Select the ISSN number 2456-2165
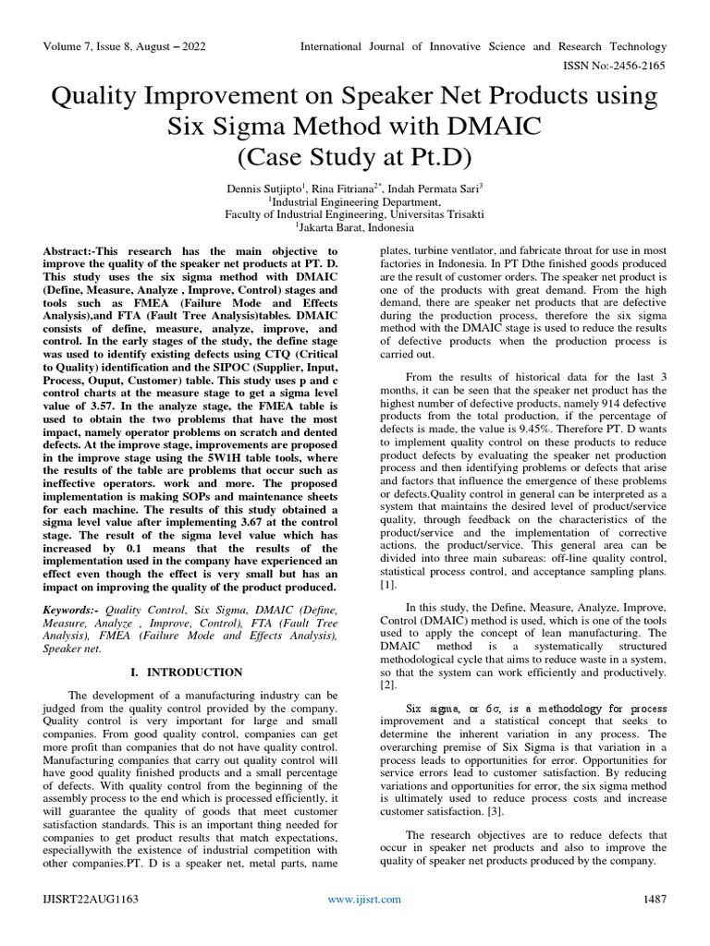(638, 66)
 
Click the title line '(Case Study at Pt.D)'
(354, 158)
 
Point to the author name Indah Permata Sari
(447, 188)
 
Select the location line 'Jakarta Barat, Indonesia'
(356, 227)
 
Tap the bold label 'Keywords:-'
(74, 612)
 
